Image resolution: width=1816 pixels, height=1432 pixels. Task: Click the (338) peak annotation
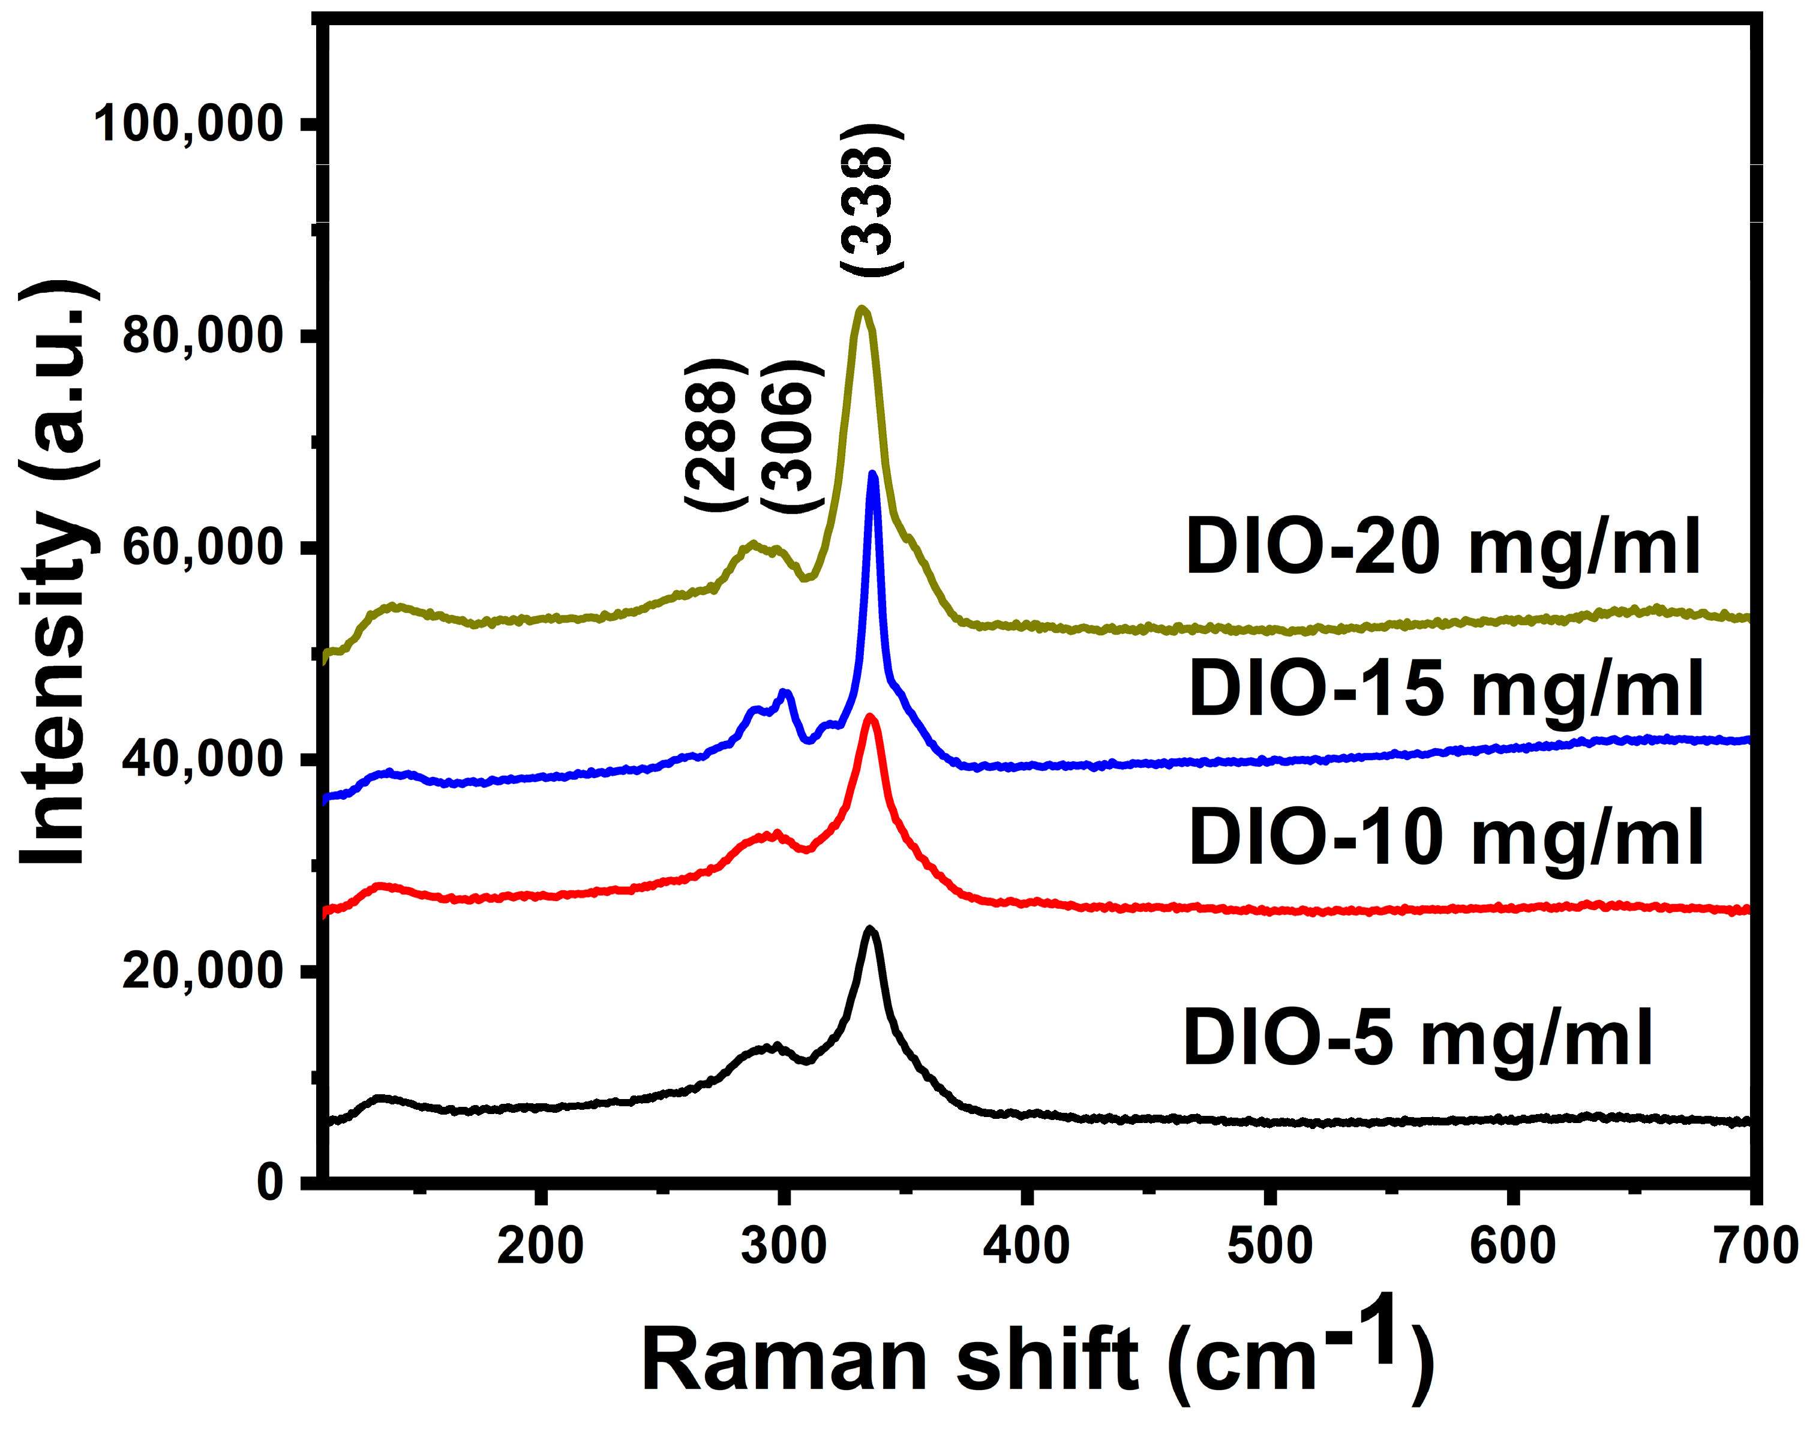(x=872, y=201)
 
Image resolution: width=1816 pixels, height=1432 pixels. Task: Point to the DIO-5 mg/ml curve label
(x=1417, y=1038)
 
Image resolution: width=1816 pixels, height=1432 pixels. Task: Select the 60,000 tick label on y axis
(x=200, y=548)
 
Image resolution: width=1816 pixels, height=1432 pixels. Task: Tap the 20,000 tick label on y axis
(x=200, y=972)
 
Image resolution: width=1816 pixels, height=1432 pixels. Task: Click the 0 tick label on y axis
(x=270, y=1183)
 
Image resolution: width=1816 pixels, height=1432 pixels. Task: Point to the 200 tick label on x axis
(x=540, y=1246)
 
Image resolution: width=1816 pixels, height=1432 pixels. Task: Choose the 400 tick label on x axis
(x=1026, y=1246)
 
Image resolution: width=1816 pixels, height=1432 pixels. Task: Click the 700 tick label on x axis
(x=1755, y=1246)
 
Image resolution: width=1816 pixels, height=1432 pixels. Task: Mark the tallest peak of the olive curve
(x=861, y=310)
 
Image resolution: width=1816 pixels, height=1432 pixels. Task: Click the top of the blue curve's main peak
(x=873, y=475)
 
